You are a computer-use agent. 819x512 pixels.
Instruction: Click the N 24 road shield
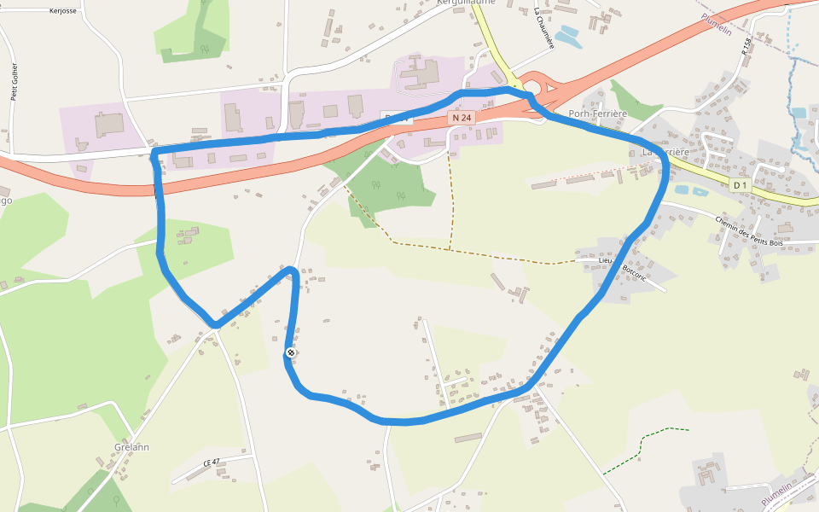point(461,117)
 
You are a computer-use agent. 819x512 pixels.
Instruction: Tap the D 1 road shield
point(741,185)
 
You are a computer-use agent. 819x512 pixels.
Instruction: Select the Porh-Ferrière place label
point(597,114)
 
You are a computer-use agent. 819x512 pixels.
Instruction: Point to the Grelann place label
point(131,447)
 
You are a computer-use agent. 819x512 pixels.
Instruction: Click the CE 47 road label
point(212,463)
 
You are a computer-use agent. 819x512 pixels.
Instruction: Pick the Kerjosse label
point(63,12)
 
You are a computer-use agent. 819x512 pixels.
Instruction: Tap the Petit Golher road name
point(15,82)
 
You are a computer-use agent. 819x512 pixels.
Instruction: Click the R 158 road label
point(747,47)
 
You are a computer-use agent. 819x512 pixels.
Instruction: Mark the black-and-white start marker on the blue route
point(291,352)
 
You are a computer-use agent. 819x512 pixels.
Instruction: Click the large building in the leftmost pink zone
point(108,124)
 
